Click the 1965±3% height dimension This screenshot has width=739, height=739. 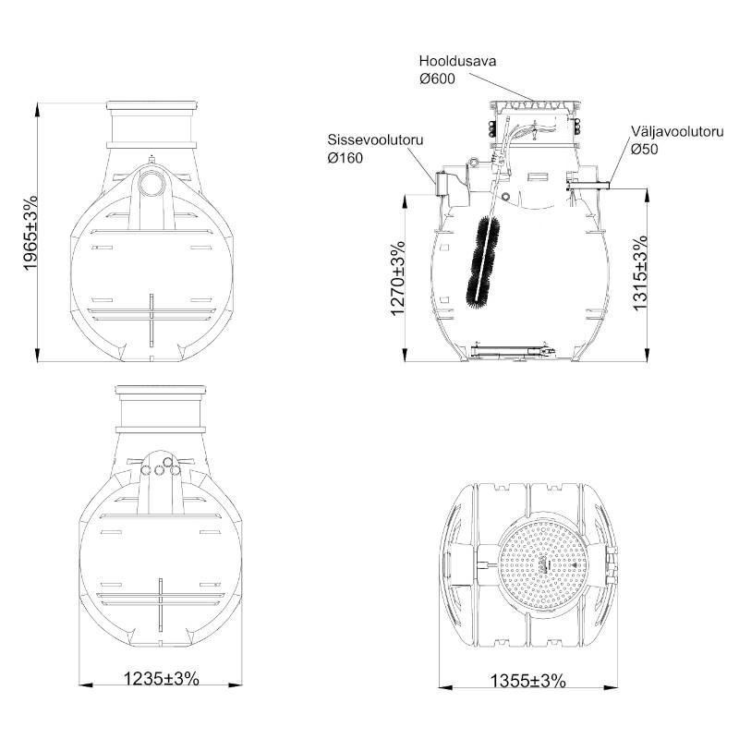coord(30,233)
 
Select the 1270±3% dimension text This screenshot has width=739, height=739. coord(398,279)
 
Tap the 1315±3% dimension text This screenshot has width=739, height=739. coord(640,273)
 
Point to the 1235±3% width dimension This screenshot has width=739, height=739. coord(161,679)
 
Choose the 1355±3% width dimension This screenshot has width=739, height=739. coord(527,681)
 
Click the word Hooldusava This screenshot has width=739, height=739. coord(457,61)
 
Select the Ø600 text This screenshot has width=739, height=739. coord(437,79)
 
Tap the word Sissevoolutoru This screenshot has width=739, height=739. coord(375,140)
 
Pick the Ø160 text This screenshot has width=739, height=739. coord(345,157)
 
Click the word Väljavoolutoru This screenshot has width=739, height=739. coord(678,131)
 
